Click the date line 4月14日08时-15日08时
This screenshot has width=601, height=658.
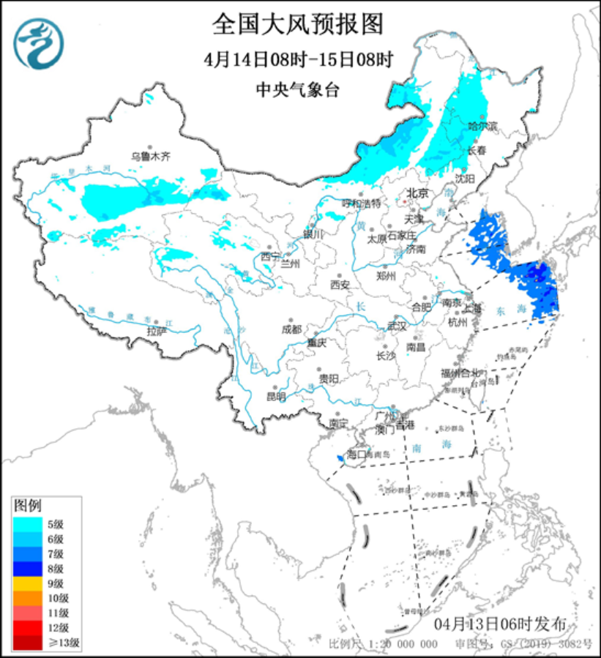299,59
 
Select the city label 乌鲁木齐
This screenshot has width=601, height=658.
150,156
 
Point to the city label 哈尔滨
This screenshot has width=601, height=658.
482,126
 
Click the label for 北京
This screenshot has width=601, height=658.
417,193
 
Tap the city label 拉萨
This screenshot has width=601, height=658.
157,331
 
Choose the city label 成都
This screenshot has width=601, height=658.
291,329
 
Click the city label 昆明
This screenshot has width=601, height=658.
276,397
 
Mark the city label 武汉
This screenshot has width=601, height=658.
396,325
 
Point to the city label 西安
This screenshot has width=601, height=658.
340,283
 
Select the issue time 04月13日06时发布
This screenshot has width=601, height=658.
499,624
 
